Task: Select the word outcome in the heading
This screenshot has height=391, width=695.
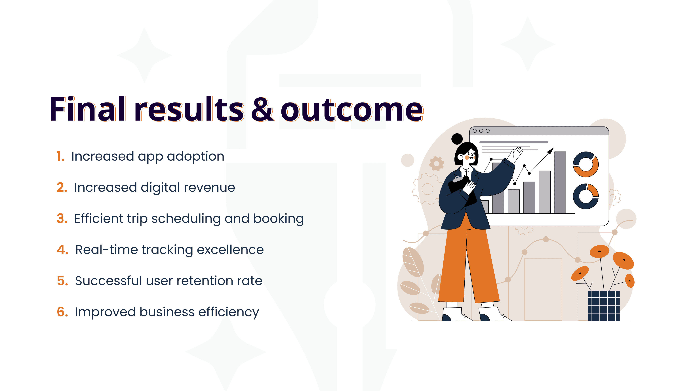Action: (x=352, y=110)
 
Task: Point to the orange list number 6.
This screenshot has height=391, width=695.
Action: (x=62, y=312)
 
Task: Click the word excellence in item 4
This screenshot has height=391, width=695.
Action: (x=230, y=250)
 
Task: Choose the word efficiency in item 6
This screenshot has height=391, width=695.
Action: (x=229, y=312)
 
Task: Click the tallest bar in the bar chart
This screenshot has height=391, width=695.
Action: (x=560, y=182)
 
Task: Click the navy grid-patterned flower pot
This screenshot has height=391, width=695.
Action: (x=604, y=306)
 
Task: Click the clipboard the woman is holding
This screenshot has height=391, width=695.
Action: (x=462, y=190)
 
